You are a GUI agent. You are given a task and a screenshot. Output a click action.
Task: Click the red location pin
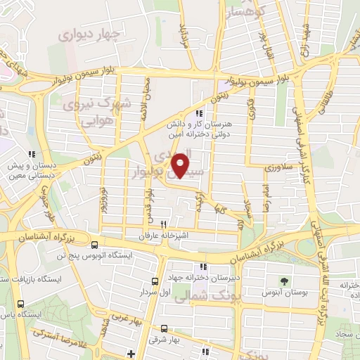click(x=181, y=165)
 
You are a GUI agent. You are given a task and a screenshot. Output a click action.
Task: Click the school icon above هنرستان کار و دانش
click(x=200, y=113)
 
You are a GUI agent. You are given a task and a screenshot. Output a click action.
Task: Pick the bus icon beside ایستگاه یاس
click(x=20, y=304)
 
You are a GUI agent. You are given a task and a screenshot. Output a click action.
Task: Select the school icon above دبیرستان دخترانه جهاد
click(x=204, y=266)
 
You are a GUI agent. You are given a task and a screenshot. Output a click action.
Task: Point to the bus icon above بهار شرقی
click(x=164, y=328)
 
